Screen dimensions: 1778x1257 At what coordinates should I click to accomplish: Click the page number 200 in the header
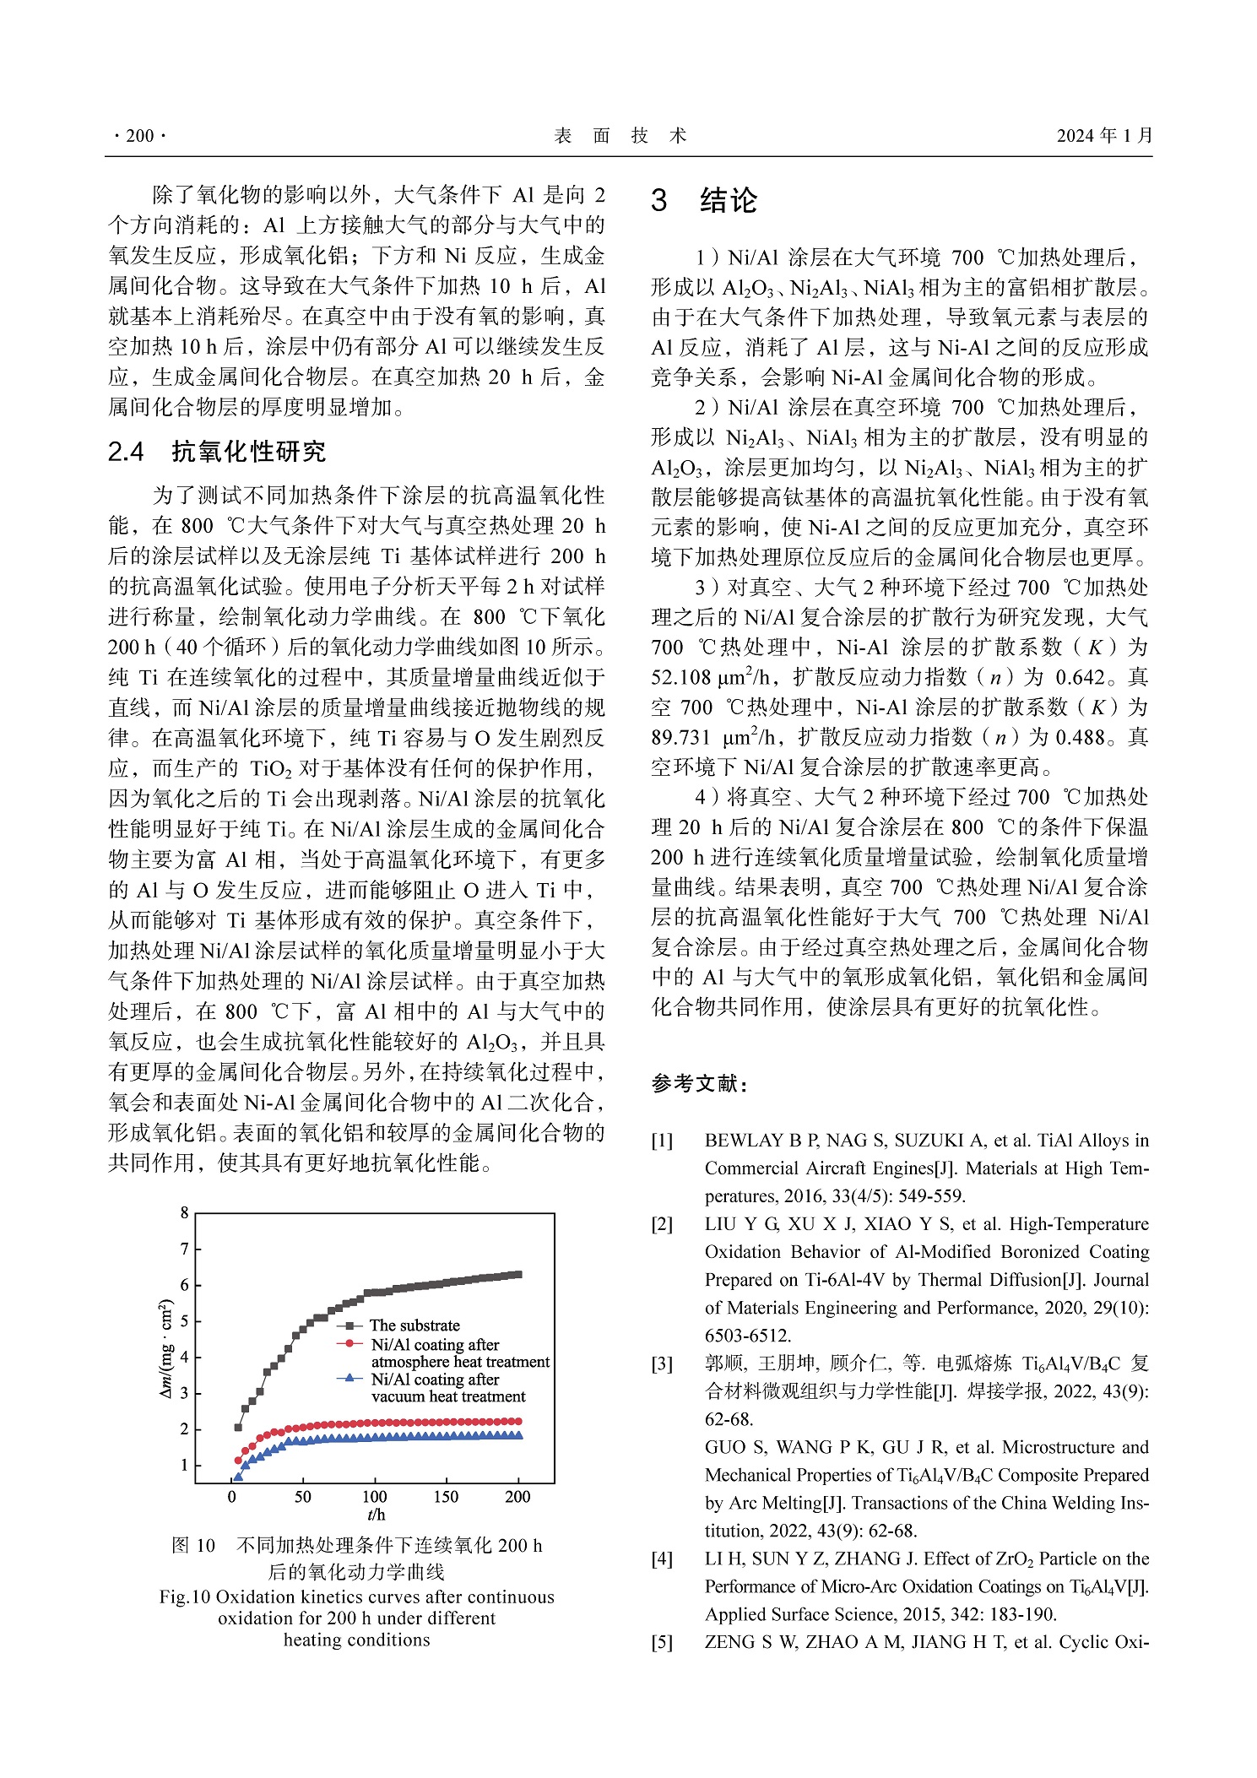point(139,136)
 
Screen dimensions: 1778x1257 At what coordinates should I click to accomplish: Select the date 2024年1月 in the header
point(1103,136)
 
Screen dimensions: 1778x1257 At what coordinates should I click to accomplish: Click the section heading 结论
point(728,201)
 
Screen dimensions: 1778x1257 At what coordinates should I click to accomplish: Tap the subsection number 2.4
point(126,452)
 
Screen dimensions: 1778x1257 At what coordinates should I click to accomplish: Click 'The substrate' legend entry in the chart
point(414,1325)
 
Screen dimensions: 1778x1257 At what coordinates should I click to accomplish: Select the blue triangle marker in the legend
point(349,1378)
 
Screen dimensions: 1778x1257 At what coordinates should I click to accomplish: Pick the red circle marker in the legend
point(349,1343)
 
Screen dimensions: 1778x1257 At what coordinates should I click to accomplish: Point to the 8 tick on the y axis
point(185,1213)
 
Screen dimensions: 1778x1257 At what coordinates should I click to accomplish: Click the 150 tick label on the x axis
point(446,1497)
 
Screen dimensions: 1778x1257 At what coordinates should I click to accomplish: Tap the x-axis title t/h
point(376,1515)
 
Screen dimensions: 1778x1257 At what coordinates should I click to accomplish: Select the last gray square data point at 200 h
point(517,1275)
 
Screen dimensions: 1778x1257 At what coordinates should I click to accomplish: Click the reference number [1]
point(662,1141)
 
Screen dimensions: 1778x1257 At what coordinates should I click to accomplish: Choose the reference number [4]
point(662,1558)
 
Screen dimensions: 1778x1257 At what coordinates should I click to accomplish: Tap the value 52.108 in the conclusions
point(680,677)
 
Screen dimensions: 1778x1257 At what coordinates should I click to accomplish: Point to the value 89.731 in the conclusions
point(680,738)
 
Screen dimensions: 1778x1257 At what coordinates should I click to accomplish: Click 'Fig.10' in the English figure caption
point(184,1596)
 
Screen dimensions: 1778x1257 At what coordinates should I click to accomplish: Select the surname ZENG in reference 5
point(731,1642)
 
